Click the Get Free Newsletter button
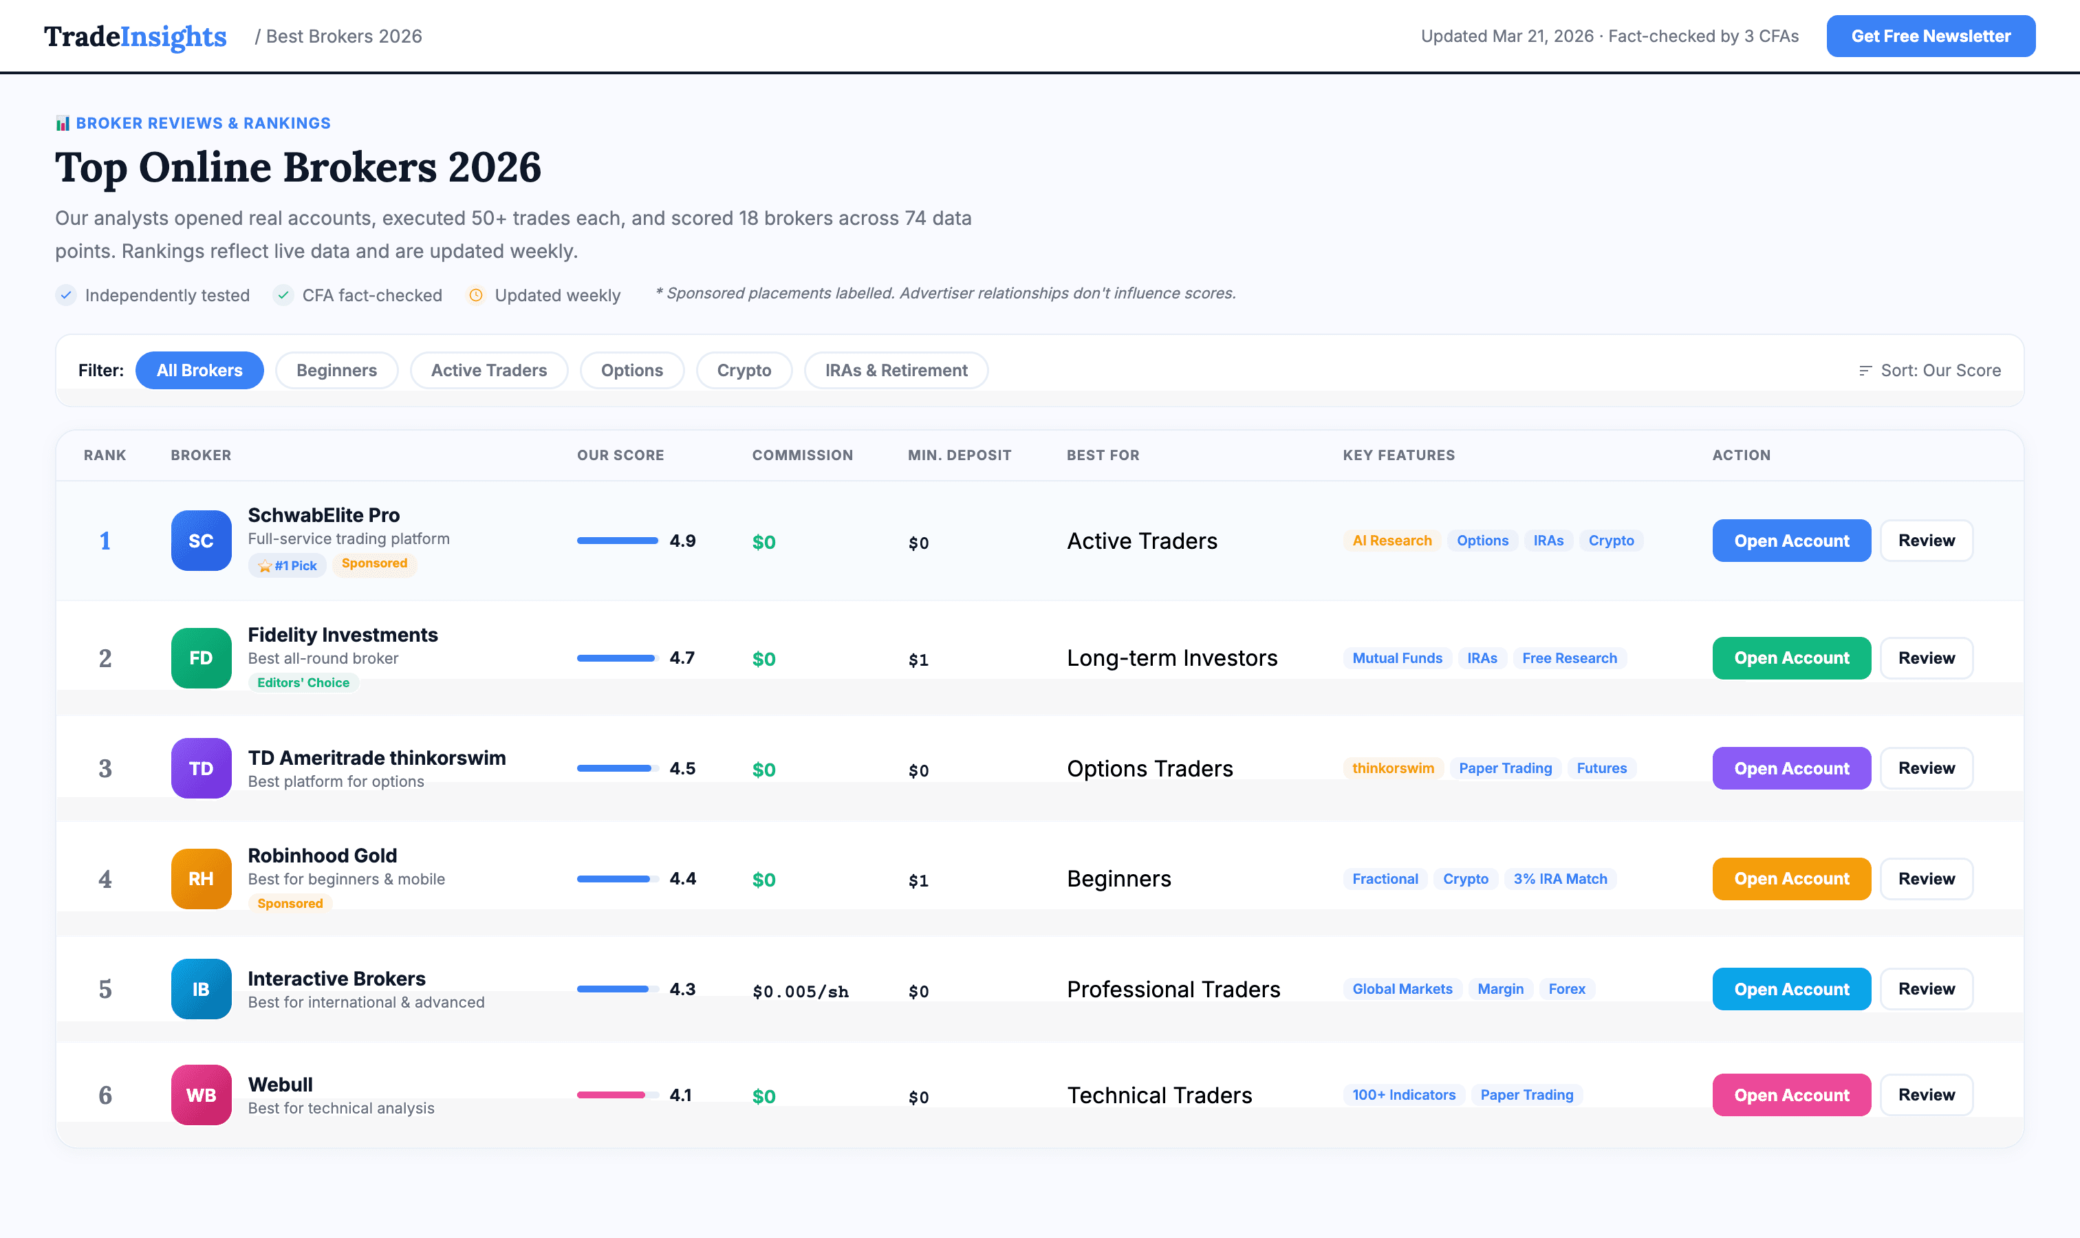coord(1930,36)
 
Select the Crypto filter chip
coord(744,371)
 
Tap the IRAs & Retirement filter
coord(896,371)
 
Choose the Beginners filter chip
coord(336,371)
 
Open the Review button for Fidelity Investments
coord(1926,658)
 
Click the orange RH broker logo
coord(201,878)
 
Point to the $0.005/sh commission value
coord(800,991)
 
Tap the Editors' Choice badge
coord(303,682)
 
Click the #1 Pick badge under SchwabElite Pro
coord(287,565)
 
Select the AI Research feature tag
coord(1391,541)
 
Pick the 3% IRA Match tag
coord(1559,878)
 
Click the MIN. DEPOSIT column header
coord(959,455)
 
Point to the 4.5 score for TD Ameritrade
coord(682,768)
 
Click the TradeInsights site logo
coord(136,36)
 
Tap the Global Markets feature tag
coord(1402,988)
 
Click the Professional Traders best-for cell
coord(1173,990)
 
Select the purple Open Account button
coord(1790,768)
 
